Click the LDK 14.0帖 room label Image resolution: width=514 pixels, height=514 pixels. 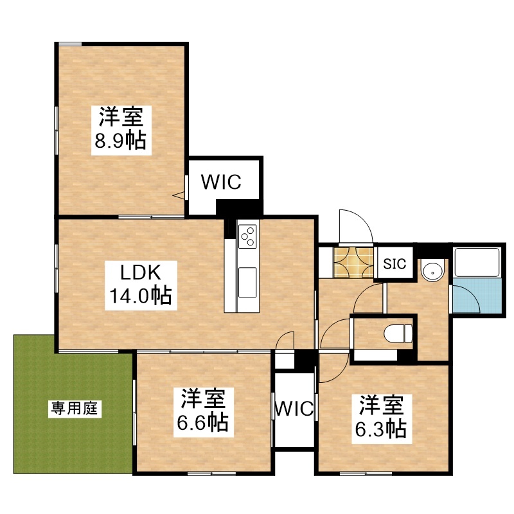pyautogui.click(x=141, y=285)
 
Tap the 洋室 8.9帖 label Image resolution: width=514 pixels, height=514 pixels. pyautogui.click(x=121, y=130)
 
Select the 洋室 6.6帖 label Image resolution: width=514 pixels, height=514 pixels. pyautogui.click(x=203, y=412)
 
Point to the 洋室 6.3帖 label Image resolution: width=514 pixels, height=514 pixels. pyautogui.click(x=382, y=419)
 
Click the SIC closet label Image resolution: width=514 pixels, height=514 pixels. pyautogui.click(x=394, y=263)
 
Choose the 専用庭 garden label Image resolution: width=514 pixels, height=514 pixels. pyautogui.click(x=75, y=409)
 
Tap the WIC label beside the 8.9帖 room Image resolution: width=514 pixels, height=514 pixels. pyautogui.click(x=221, y=182)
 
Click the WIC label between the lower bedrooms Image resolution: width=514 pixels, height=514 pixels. pyautogui.click(x=294, y=408)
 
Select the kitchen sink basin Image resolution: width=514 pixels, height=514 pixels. pyautogui.click(x=247, y=282)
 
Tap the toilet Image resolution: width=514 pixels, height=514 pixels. pyautogui.click(x=398, y=333)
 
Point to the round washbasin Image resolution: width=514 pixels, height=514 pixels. pyautogui.click(x=432, y=272)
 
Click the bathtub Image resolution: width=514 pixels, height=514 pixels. pyautogui.click(x=477, y=262)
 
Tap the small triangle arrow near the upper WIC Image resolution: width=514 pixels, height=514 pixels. pyautogui.click(x=179, y=196)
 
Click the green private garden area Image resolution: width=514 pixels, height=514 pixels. pyautogui.click(x=73, y=404)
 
